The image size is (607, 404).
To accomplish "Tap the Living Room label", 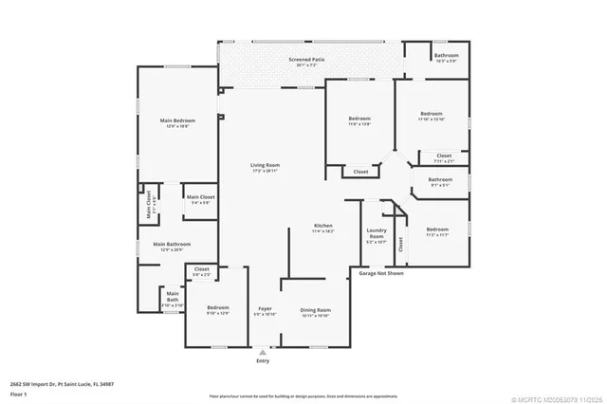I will [x=265, y=165].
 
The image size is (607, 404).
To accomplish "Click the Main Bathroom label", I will [x=173, y=245].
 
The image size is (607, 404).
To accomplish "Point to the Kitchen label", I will [x=323, y=226].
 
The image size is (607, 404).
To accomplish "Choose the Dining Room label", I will [x=316, y=310].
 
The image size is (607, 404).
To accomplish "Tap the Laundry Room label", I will [x=375, y=234].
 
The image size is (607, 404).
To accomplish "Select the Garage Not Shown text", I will [x=381, y=273].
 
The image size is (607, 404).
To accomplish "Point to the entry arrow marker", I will [x=263, y=351].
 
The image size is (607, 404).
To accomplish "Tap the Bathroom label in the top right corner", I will [x=446, y=56].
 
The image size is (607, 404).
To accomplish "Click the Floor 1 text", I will [x=20, y=393].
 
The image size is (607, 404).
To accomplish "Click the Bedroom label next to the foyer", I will [x=218, y=308].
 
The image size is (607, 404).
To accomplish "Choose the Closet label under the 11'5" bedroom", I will [x=360, y=172].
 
